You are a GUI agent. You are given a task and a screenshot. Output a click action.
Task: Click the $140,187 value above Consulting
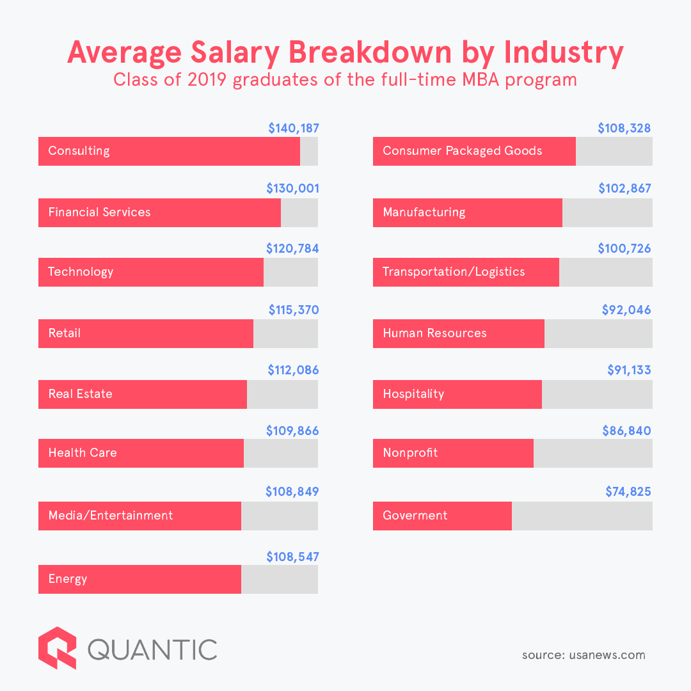pos(293,129)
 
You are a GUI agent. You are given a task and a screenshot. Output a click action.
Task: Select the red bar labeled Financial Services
pos(159,212)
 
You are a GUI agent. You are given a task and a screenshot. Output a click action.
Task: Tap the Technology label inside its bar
pos(81,272)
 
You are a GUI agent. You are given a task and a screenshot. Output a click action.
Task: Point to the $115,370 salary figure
pos(293,310)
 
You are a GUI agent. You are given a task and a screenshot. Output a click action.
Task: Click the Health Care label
pos(83,453)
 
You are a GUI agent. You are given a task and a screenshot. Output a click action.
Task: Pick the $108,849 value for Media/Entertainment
pos(292,492)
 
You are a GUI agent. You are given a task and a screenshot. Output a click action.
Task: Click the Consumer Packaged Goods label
pos(462,151)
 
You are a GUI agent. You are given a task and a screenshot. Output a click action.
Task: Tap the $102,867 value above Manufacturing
pos(624,189)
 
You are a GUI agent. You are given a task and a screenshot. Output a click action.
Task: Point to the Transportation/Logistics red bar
pos(466,272)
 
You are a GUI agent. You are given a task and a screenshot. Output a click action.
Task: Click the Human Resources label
pos(434,333)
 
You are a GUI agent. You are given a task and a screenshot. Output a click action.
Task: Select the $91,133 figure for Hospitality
pos(629,370)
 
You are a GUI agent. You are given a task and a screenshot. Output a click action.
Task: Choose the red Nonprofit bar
pos(453,453)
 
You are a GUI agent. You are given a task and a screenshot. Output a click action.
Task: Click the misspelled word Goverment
pos(415,516)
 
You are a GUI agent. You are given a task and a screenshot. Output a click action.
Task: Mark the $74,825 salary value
pos(628,492)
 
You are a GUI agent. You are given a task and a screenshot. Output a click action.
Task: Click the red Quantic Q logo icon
pos(57,647)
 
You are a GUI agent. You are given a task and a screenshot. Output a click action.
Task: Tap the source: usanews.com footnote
pos(584,655)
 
